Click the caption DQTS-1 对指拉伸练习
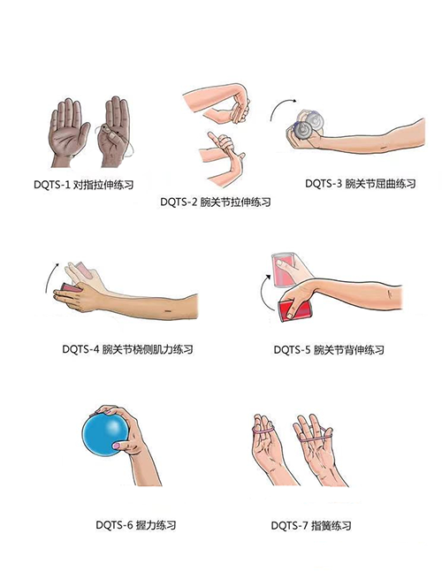83,185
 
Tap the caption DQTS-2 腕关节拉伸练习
216,202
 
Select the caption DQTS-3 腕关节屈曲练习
361,183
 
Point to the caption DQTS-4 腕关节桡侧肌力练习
127,349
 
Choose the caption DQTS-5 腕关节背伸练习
329,350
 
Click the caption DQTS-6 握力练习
135,525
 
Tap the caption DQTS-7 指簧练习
311,526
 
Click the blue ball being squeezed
104,435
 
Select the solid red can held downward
294,310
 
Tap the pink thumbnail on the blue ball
117,446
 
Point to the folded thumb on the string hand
110,132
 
